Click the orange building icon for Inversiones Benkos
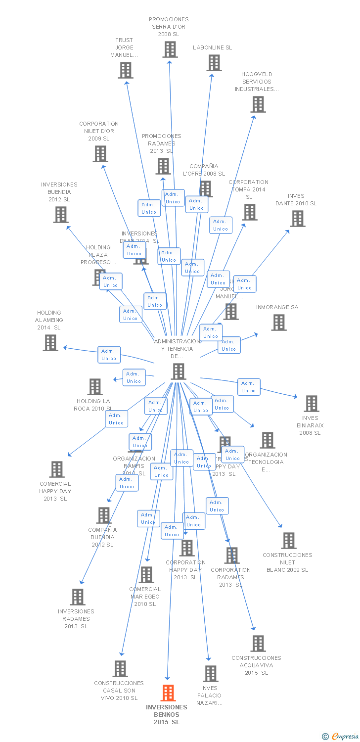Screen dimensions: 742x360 (168, 693)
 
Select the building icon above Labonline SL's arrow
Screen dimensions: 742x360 (214, 63)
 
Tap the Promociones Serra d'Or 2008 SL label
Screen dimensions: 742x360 (169, 27)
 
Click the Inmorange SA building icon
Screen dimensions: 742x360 (279, 323)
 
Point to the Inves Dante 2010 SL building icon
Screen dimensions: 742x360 (298, 219)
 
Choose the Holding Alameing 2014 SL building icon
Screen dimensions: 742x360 (50, 343)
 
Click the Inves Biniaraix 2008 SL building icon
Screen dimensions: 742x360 (312, 404)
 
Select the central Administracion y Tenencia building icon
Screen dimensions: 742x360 (179, 371)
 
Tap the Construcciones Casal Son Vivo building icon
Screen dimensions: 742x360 (120, 669)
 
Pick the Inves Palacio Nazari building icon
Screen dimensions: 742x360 (211, 674)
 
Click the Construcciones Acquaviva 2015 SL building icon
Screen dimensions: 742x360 (258, 644)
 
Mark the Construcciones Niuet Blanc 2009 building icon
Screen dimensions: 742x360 (289, 541)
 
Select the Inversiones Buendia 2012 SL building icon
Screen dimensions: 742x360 (61, 215)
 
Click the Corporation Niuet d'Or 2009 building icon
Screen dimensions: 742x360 (100, 154)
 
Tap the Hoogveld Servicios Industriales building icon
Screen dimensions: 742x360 (258, 104)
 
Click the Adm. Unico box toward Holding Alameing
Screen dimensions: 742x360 (109, 355)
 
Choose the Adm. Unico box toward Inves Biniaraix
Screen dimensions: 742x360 (249, 387)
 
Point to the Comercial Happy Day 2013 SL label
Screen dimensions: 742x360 (55, 491)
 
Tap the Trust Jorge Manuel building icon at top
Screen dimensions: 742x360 (126, 70)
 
